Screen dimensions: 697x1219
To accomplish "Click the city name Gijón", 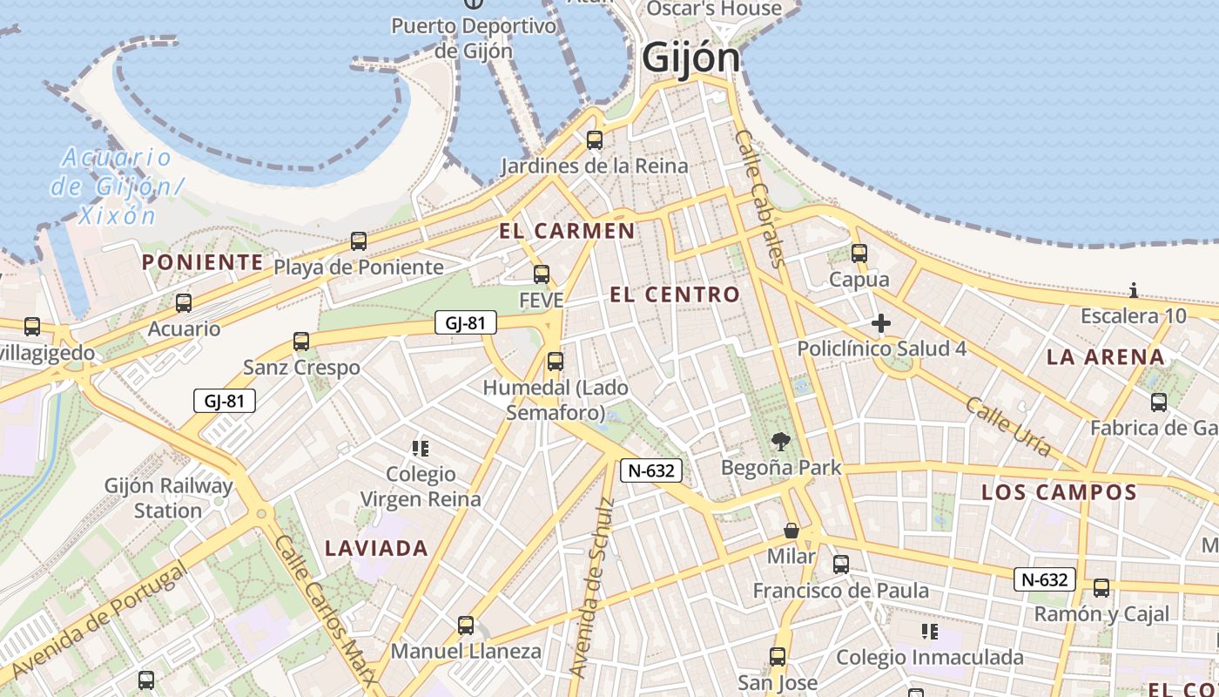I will click(x=690, y=59).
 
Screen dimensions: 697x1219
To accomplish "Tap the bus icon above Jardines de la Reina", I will click(x=595, y=139).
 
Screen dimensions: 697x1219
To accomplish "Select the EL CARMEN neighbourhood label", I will click(x=567, y=231).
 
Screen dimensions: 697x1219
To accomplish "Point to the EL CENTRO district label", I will click(x=675, y=294).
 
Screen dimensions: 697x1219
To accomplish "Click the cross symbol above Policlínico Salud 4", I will click(x=881, y=324).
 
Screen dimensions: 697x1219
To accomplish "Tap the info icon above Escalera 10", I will click(x=1133, y=291).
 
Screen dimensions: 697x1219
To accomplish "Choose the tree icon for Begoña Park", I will click(x=781, y=443).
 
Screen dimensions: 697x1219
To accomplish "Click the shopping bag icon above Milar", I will click(x=791, y=531).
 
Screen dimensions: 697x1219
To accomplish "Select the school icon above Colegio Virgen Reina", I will click(x=421, y=449).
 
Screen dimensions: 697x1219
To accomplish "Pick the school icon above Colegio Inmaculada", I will click(x=929, y=631).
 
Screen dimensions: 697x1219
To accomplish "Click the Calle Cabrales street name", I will click(x=760, y=198).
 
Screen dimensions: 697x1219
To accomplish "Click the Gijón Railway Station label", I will click(x=168, y=498).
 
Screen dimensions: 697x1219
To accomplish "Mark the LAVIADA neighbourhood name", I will click(x=376, y=548).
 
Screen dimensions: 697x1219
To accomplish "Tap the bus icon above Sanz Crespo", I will click(x=301, y=342).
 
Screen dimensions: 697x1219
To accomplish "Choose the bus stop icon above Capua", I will click(x=859, y=254).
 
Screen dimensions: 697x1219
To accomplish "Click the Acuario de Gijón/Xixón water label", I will click(x=115, y=186).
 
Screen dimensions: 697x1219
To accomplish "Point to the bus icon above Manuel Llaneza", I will click(x=466, y=626).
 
